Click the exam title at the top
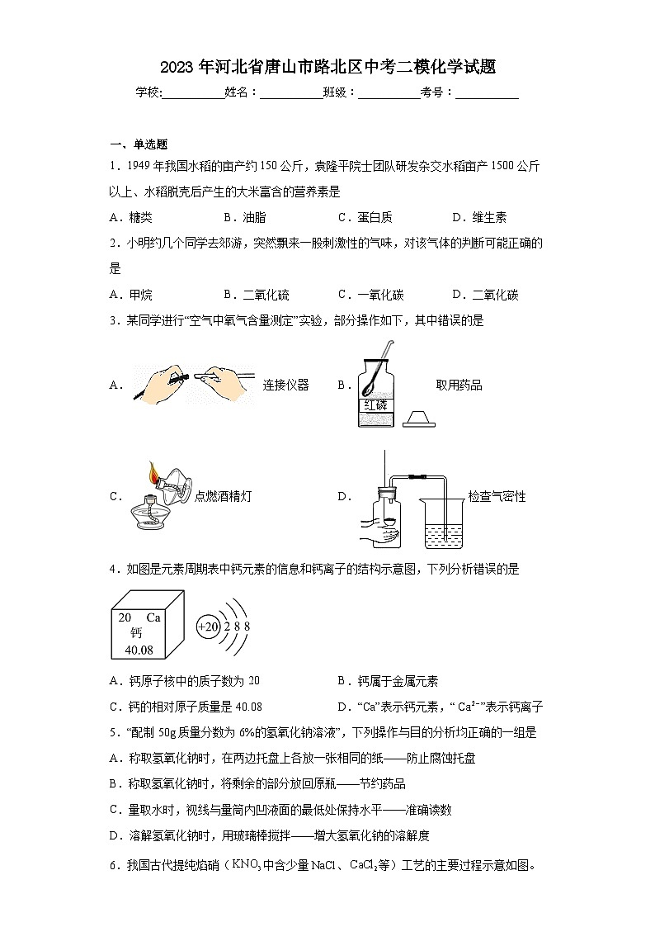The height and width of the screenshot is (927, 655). tap(327, 67)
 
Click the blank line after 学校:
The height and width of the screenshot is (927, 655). tap(194, 93)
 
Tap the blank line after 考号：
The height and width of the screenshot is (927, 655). tap(487, 93)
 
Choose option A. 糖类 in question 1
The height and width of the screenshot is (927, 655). tap(130, 218)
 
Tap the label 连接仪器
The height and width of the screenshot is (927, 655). tap(285, 385)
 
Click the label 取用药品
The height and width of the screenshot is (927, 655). tap(459, 385)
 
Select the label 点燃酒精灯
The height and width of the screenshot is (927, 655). tap(223, 496)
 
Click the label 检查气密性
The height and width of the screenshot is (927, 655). tap(497, 496)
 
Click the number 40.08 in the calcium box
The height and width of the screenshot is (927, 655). tap(138, 650)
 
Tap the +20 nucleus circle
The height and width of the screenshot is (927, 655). tap(209, 627)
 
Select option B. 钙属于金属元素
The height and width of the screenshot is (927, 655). tap(388, 681)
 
